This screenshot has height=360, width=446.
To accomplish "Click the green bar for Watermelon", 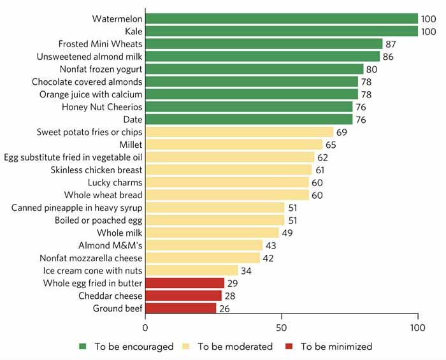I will [x=281, y=19].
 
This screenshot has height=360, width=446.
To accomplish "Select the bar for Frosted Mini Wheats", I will [x=264, y=44].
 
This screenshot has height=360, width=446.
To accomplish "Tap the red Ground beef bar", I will [x=181, y=308].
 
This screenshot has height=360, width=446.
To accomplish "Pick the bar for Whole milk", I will [x=212, y=233].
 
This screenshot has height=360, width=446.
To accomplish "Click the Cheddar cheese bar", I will [x=183, y=296].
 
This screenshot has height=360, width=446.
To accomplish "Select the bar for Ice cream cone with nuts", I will [x=192, y=271].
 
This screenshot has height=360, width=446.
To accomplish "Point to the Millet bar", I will [x=234, y=145].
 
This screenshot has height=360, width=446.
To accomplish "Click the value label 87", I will [x=392, y=44].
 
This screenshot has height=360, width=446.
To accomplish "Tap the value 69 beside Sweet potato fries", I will [x=343, y=132].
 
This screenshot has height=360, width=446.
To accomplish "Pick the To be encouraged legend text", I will [x=134, y=347].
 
